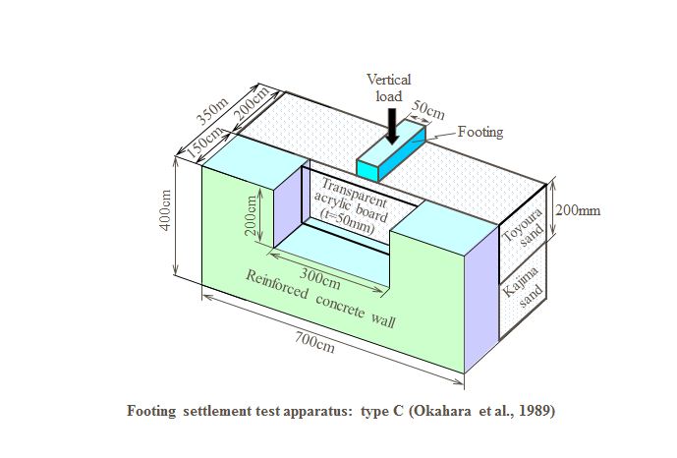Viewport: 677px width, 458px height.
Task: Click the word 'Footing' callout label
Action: (x=480, y=132)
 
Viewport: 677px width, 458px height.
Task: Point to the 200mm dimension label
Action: (x=577, y=210)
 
